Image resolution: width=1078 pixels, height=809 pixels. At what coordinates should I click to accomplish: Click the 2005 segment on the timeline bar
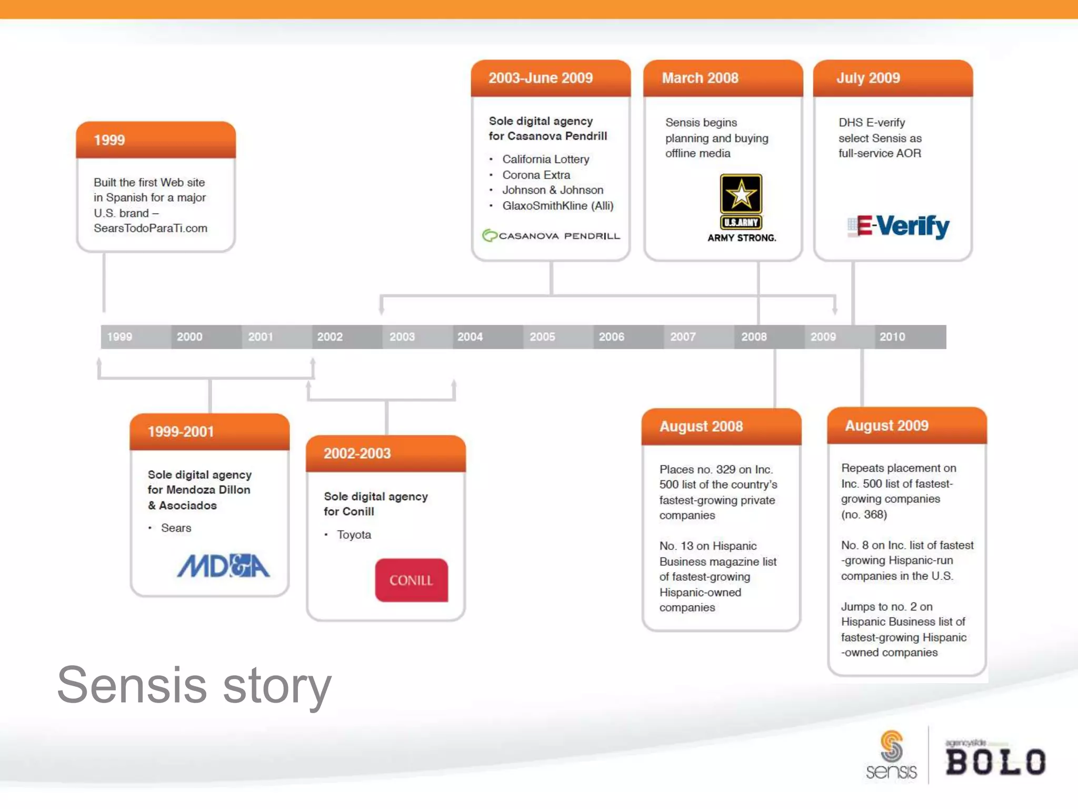point(542,337)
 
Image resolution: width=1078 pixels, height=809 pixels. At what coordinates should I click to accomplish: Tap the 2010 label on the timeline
point(892,337)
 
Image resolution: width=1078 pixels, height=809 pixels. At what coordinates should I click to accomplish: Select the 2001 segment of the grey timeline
point(261,337)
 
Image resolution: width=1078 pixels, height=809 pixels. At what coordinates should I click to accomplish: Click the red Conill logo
point(411,580)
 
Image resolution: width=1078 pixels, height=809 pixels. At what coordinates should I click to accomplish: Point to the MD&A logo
point(223,566)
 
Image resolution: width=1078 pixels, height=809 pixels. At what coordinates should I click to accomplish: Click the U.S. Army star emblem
point(741,194)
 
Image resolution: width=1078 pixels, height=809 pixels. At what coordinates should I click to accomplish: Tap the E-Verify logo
point(899,226)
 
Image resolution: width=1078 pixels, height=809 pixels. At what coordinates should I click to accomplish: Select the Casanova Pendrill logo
point(551,235)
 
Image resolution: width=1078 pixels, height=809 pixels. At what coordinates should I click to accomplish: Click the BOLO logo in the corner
point(995,761)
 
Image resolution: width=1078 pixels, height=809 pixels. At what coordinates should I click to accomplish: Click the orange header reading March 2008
point(723,78)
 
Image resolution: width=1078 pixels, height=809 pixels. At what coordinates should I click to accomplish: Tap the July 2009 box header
point(892,78)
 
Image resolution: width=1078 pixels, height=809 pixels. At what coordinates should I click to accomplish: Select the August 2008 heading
point(721,426)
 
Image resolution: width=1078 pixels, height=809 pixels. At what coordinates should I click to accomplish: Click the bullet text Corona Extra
point(536,175)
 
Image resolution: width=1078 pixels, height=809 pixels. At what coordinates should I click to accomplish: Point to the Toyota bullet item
point(354,535)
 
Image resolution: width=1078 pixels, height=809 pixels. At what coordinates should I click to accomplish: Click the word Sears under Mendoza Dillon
point(176,528)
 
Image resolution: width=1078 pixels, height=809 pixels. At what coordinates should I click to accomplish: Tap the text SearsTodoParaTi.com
point(151,228)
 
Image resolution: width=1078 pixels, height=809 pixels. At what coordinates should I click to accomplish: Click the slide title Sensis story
point(194,685)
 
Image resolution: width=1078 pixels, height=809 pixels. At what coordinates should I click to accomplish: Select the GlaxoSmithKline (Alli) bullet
point(557,205)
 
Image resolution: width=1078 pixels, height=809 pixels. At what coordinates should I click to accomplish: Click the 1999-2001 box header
point(209,431)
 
